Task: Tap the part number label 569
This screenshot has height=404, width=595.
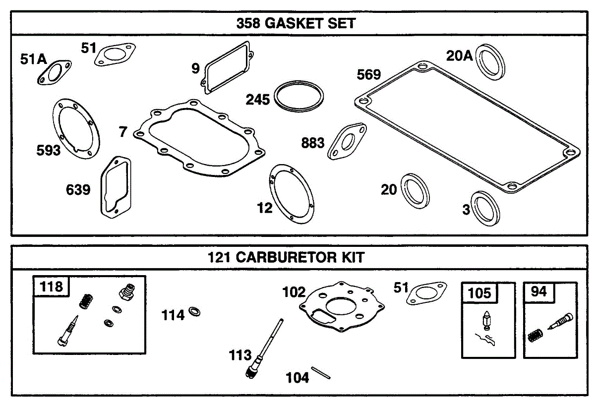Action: pyautogui.click(x=369, y=74)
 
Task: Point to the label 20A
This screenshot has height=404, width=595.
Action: pyautogui.click(x=459, y=56)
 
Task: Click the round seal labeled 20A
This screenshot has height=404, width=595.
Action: pyautogui.click(x=490, y=62)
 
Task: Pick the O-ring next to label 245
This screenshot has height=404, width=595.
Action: pyautogui.click(x=299, y=96)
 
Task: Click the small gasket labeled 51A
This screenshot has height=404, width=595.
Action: pyautogui.click(x=55, y=72)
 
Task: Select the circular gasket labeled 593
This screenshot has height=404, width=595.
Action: pyautogui.click(x=76, y=129)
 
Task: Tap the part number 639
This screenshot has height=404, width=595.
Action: pyautogui.click(x=78, y=190)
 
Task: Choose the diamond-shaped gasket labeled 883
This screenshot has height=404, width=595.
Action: pyautogui.click(x=347, y=141)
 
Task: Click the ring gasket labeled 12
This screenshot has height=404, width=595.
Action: pyautogui.click(x=292, y=194)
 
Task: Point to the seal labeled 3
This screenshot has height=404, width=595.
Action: pyautogui.click(x=485, y=209)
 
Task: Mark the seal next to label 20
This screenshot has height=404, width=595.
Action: pyautogui.click(x=415, y=191)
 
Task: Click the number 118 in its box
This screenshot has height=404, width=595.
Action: pyautogui.click(x=51, y=287)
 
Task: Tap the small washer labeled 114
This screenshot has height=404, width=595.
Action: pyautogui.click(x=194, y=311)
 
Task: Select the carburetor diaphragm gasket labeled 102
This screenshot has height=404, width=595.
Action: pyautogui.click(x=342, y=307)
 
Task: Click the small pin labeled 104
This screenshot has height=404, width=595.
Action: pyautogui.click(x=321, y=373)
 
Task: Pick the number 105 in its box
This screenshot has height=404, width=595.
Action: pyautogui.click(x=479, y=293)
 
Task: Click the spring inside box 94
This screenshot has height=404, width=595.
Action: pyautogui.click(x=535, y=336)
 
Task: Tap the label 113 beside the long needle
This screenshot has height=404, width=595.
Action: pyautogui.click(x=240, y=355)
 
